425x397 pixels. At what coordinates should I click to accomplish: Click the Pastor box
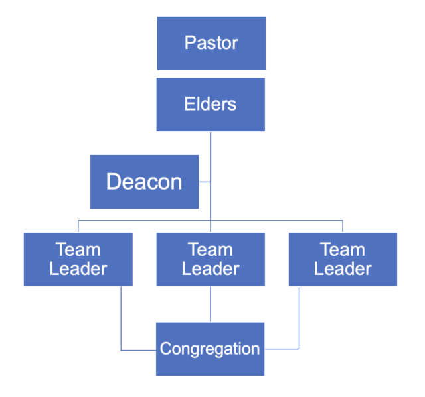pos(211,43)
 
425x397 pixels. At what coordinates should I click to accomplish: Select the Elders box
pos(211,104)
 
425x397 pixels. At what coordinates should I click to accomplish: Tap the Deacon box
pos(144,182)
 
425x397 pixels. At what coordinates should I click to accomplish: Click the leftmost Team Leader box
pos(78,259)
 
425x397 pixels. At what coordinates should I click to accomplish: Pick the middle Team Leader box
pos(211,259)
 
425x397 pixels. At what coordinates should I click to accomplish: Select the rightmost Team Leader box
pos(343,259)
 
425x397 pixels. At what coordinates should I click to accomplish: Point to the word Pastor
pos(211,44)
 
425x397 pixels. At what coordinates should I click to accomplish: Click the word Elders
pos(211,104)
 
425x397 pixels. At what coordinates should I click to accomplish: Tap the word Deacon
pos(144,182)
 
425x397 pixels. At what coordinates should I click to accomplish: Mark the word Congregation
pos(210,349)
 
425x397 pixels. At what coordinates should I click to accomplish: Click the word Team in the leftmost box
pos(78,250)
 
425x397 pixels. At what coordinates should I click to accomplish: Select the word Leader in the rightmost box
pos(343,269)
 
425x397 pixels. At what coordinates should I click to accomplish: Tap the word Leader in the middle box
pos(211,269)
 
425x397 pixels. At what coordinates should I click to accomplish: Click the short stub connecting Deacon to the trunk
pos(205,182)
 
